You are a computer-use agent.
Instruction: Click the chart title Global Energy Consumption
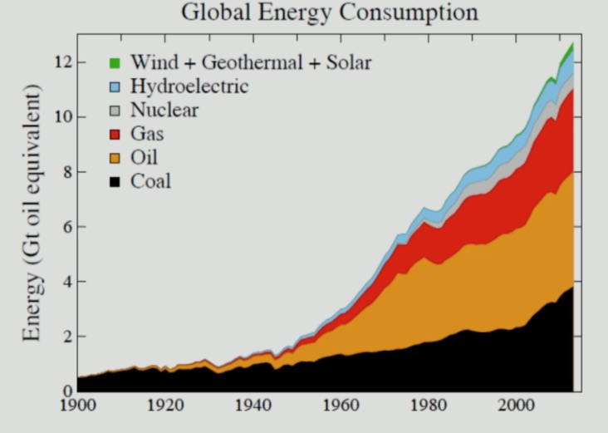(x=329, y=13)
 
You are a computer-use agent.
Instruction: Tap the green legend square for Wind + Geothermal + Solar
(x=115, y=63)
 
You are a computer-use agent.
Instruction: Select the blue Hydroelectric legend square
(x=115, y=86)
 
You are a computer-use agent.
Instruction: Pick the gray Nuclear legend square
(x=115, y=110)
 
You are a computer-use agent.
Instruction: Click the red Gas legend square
(x=115, y=134)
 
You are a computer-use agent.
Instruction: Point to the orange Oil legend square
(x=115, y=157)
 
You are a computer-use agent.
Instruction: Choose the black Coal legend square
(x=115, y=180)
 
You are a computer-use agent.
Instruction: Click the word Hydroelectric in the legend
(x=189, y=86)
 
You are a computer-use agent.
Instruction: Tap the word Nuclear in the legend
(x=164, y=110)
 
